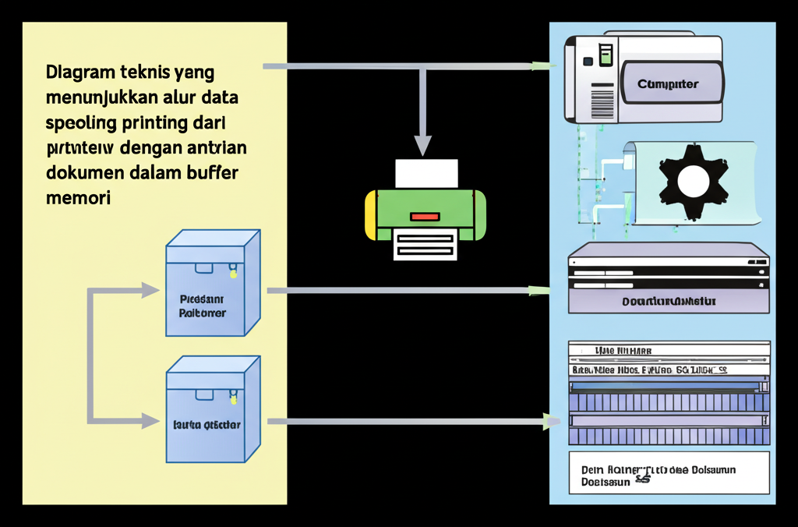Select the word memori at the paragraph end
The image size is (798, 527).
[x=78, y=198]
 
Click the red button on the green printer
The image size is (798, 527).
[x=425, y=216]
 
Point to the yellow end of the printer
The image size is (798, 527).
[x=370, y=214]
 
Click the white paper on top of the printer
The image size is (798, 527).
[x=426, y=173]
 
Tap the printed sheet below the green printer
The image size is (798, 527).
[x=425, y=245]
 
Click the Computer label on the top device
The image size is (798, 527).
[x=668, y=84]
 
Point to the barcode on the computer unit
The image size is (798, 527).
[x=602, y=101]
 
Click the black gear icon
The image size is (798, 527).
[x=693, y=181]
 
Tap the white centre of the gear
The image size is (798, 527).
[x=693, y=182]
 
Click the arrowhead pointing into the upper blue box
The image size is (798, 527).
[x=150, y=291]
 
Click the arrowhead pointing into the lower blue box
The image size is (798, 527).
[x=150, y=421]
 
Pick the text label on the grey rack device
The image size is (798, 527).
[x=669, y=300]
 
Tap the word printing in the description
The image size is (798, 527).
[x=154, y=123]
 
